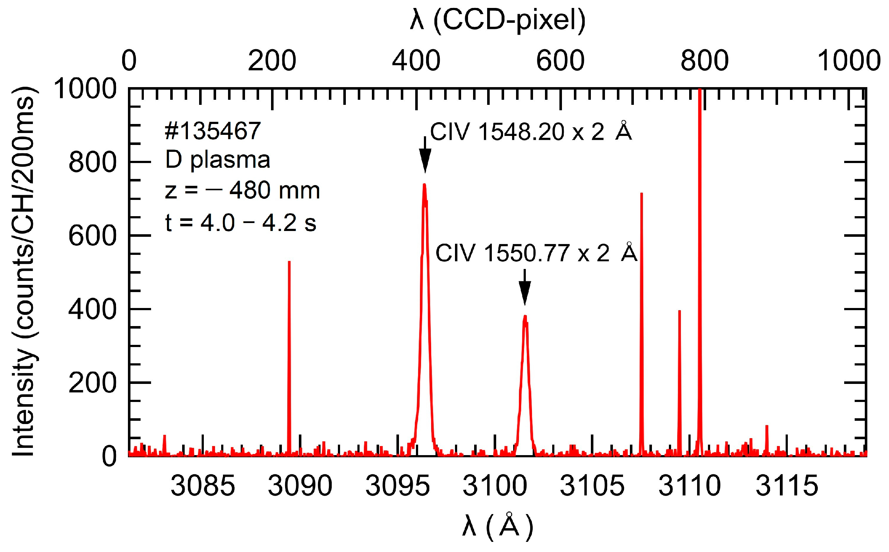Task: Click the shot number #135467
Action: point(213,131)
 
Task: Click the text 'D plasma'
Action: point(218,160)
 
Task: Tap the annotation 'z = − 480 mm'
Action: point(242,191)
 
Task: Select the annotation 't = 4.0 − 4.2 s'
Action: point(240,223)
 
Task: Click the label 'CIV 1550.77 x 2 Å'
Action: point(536,252)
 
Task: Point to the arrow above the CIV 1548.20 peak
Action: point(425,155)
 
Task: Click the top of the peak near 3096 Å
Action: point(424,185)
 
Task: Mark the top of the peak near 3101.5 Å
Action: point(525,317)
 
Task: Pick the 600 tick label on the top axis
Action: point(560,61)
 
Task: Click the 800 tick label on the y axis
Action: point(92,162)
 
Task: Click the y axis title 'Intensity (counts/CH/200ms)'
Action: point(24,272)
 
